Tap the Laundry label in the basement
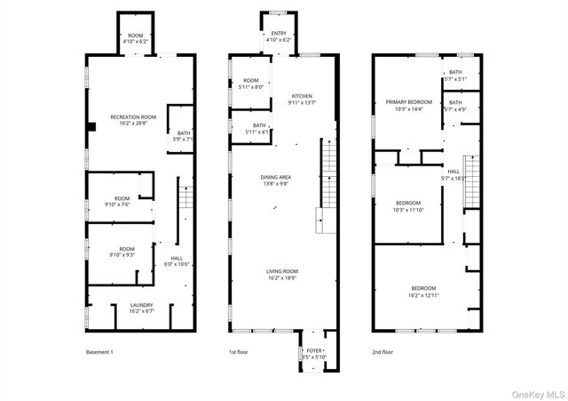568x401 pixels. (141, 308)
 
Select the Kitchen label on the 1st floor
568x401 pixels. (302, 99)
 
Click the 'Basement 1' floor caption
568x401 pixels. (99, 352)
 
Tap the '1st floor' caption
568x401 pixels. (239, 352)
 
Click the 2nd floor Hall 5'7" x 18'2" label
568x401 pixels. (454, 175)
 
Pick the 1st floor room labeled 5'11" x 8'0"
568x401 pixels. (251, 84)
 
